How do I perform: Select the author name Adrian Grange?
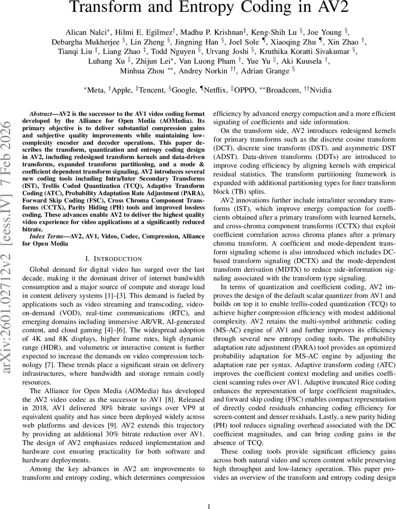[x=263, y=71]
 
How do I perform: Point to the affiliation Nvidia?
[x=321, y=90]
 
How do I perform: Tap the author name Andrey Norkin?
[x=202, y=71]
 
